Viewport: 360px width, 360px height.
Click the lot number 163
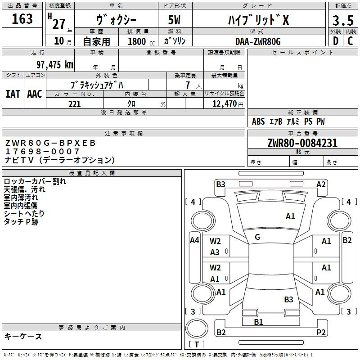pos(22,18)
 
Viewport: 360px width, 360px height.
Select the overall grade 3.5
pos(343,20)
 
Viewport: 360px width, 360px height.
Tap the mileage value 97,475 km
pos(55,64)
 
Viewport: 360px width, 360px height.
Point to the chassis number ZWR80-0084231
pos(302,143)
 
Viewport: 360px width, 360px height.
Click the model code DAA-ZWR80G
pos(258,41)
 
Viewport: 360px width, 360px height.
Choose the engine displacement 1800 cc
pos(141,41)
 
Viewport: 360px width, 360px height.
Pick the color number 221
pos(75,104)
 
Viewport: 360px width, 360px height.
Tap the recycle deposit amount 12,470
pos(225,103)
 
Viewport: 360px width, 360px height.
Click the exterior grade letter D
pos(336,41)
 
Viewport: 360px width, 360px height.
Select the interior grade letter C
pos(350,41)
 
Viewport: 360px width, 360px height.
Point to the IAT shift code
pos(13,94)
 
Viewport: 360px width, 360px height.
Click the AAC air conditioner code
pos(35,94)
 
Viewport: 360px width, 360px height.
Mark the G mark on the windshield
pos(257,237)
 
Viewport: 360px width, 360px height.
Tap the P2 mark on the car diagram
pos(321,332)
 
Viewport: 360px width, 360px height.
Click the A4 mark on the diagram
pos(194,240)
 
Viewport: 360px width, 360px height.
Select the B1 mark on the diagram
pos(258,322)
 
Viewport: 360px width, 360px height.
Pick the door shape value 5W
pos(174,20)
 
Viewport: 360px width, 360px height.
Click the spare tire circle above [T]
pos(197,328)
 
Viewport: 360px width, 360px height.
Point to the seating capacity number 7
pos(188,85)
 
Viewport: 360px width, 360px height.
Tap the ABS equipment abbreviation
pos(258,121)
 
